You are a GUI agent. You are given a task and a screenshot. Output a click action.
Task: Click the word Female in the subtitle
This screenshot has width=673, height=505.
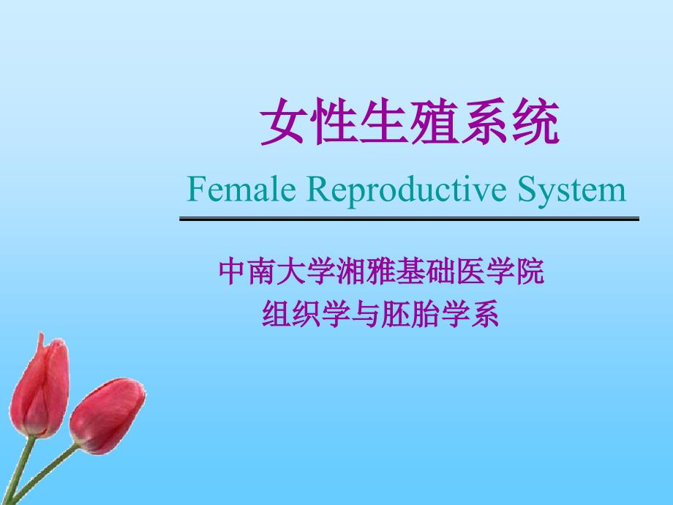(241, 189)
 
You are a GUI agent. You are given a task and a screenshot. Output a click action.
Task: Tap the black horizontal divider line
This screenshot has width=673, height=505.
(409, 219)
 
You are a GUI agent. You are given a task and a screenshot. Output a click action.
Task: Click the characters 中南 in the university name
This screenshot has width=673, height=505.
(248, 272)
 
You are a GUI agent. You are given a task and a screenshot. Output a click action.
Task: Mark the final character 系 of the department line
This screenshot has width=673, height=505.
(484, 314)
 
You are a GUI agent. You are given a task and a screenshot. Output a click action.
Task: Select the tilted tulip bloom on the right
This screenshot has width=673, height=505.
(108, 415)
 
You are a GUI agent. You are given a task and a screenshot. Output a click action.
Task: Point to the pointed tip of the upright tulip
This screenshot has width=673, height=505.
(41, 334)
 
